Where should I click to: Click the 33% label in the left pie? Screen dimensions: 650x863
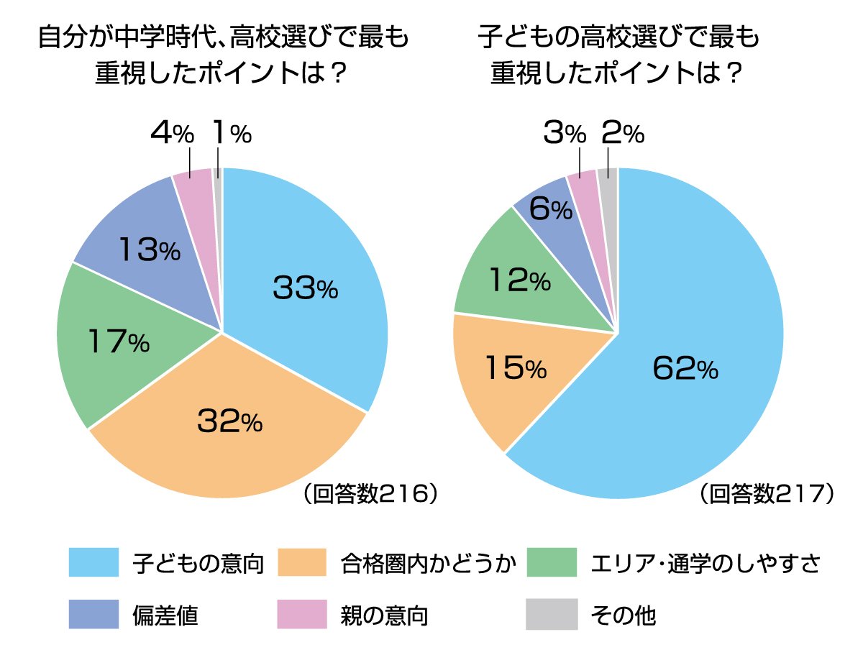pyautogui.click(x=305, y=288)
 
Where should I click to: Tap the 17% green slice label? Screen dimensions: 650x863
pyautogui.click(x=118, y=341)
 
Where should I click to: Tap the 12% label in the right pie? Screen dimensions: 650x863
pyautogui.click(x=519, y=280)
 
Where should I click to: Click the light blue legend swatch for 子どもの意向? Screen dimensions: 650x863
pyautogui.click(x=93, y=562)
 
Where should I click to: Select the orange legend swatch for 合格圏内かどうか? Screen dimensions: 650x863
pyautogui.click(x=303, y=562)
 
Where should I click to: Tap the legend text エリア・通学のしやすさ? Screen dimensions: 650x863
pyautogui.click(x=705, y=563)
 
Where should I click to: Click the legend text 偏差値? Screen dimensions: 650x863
pyautogui.click(x=165, y=615)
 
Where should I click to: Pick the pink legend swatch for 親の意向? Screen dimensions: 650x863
pyautogui.click(x=303, y=615)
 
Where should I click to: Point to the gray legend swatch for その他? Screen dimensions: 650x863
pyautogui.click(x=551, y=615)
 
